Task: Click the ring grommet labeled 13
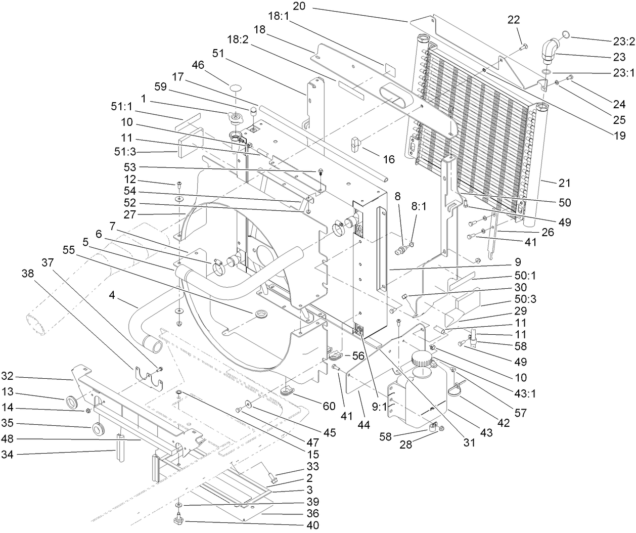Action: pyautogui.click(x=73, y=402)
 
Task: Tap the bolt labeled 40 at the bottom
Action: pyautogui.click(x=178, y=519)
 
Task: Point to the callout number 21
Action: pyautogui.click(x=564, y=182)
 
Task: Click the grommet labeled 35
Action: pyautogui.click(x=99, y=430)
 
